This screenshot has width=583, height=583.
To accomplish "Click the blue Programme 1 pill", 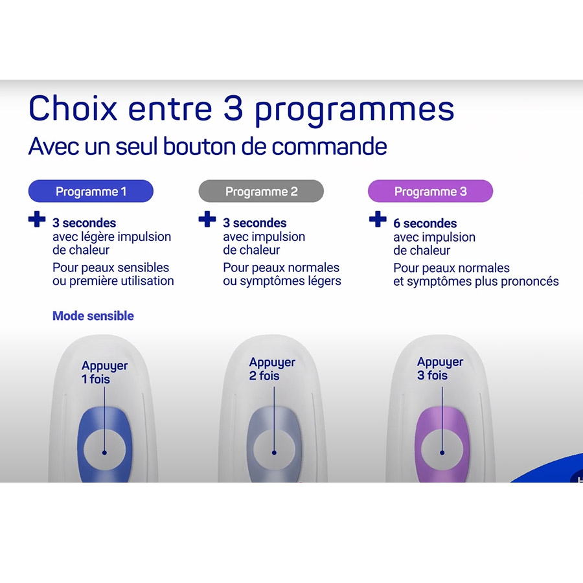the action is tap(91, 191).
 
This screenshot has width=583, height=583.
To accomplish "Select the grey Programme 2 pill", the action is tap(261, 191).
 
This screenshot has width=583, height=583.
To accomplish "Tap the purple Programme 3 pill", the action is tap(430, 191).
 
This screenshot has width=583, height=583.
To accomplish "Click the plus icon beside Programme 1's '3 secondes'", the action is tap(37, 219).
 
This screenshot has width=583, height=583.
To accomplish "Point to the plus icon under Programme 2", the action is tap(207, 219).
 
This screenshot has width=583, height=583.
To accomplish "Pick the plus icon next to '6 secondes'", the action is tap(378, 219).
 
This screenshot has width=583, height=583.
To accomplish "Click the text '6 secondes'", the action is tap(425, 223).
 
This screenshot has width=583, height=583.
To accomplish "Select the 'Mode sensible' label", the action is tap(93, 315).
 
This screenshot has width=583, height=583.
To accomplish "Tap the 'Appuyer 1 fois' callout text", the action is tap(104, 372).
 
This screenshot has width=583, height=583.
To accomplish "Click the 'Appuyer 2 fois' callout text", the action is tap(272, 369).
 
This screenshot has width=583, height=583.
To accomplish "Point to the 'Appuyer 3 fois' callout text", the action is tap(440, 369).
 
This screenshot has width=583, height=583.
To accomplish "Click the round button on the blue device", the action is tap(104, 450).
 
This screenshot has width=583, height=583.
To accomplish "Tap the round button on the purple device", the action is tap(442, 450).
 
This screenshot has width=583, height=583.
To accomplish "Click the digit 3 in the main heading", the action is tap(233, 108).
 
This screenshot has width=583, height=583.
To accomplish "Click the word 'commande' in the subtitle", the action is tap(329, 146).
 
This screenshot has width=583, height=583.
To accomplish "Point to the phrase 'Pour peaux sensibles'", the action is tap(111, 268).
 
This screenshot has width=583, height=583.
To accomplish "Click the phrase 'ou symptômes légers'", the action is tap(282, 281).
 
